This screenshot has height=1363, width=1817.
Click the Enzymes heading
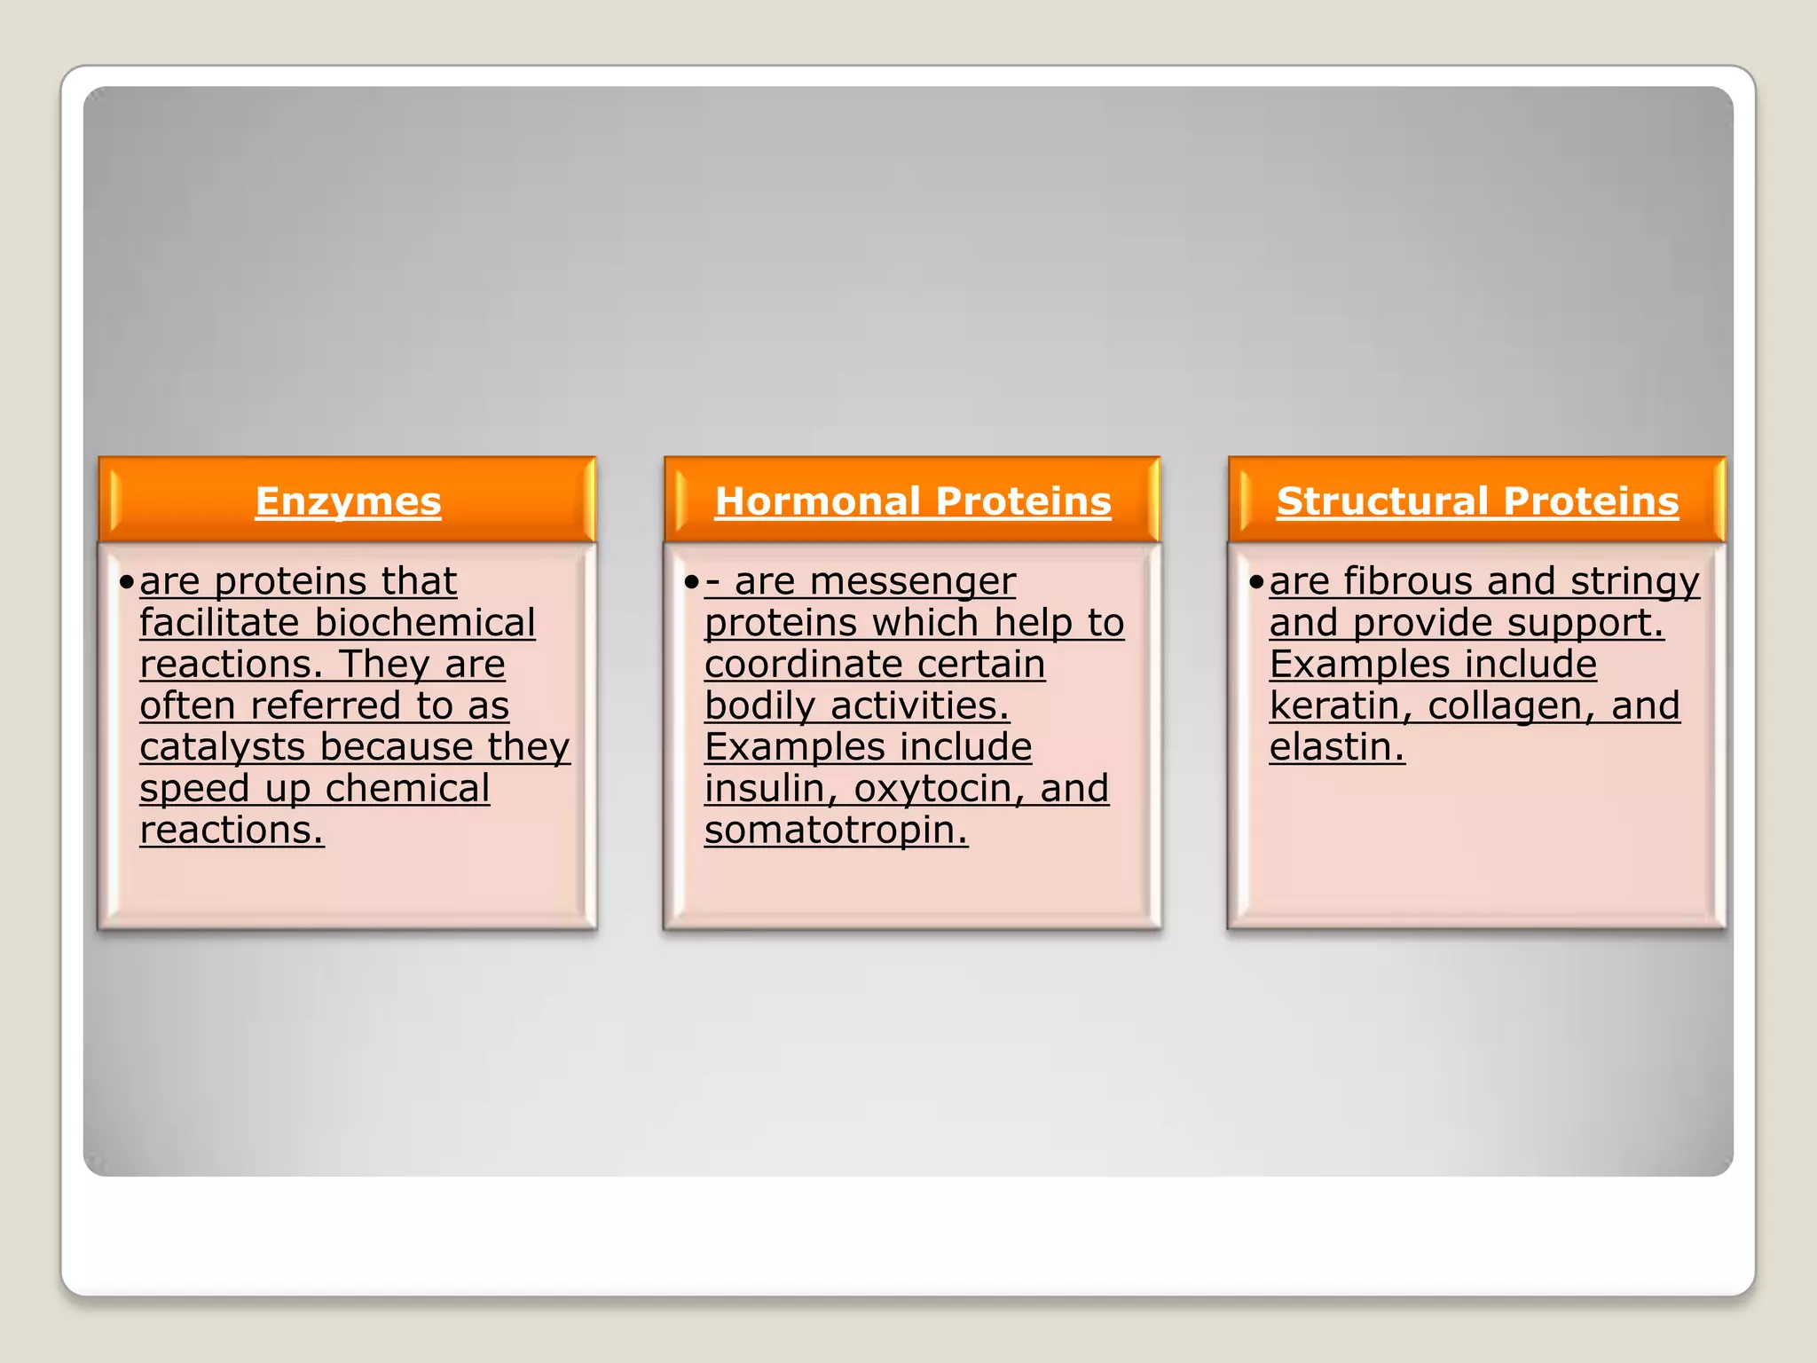pyautogui.click(x=348, y=501)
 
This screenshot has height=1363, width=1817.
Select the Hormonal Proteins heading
pyautogui.click(x=913, y=501)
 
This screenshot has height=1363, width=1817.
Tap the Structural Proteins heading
pyautogui.click(x=1477, y=501)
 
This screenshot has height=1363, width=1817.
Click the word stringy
pyautogui.click(x=1634, y=582)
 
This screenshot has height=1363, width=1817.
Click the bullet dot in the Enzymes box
pyautogui.click(x=127, y=582)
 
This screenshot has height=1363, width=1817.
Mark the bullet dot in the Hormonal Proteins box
pyautogui.click(x=691, y=582)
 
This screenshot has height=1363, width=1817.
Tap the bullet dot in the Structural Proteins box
pyautogui.click(x=1255, y=582)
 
